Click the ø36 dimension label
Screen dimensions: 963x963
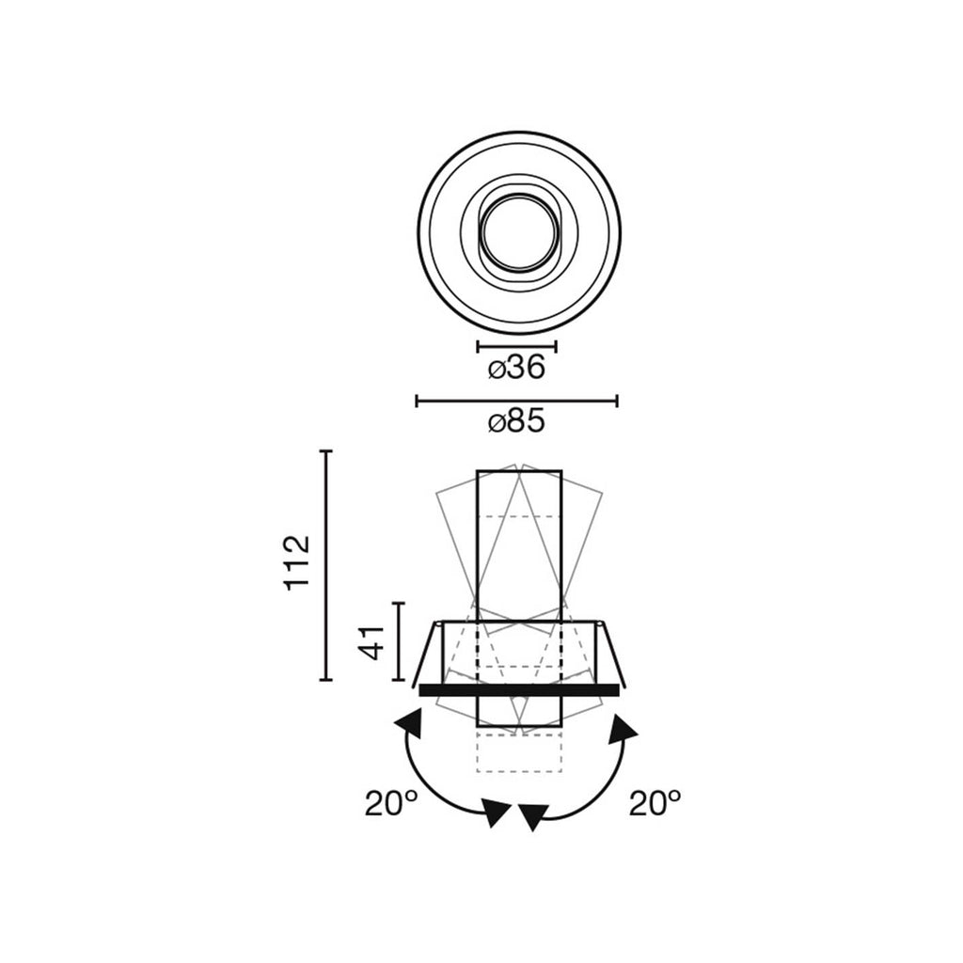coord(516,369)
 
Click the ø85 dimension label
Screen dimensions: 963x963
coord(516,422)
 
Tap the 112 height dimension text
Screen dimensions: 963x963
coord(297,562)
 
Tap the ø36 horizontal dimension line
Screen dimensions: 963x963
coord(516,346)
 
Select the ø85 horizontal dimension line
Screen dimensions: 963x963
coord(516,402)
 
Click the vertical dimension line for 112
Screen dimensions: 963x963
coord(326,565)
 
